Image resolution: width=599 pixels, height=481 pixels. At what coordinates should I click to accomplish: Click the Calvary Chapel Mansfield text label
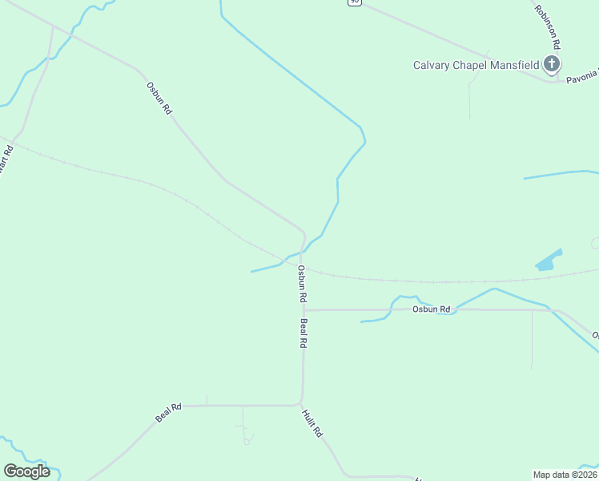(x=476, y=65)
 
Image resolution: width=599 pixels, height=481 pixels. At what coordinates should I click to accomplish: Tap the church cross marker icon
(x=551, y=64)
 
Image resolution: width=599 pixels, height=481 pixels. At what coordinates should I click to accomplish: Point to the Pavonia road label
(x=582, y=77)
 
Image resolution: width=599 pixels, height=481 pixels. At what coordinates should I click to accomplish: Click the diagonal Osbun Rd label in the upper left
(x=159, y=98)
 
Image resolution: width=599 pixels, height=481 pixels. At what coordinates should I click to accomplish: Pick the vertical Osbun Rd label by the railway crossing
(x=302, y=283)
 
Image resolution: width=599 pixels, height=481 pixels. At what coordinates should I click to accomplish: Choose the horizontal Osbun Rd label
(x=432, y=309)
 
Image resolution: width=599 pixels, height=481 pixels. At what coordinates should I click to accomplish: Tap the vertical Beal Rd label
(x=304, y=333)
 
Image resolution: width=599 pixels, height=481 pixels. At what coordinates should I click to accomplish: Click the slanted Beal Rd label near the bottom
(x=168, y=413)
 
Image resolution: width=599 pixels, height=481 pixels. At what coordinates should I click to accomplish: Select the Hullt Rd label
(x=312, y=423)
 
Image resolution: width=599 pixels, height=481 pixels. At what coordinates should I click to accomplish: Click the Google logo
(x=26, y=471)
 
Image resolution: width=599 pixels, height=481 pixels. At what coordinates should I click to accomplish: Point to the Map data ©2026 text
(x=565, y=474)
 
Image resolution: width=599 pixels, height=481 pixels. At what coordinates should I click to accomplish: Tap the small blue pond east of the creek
(x=547, y=261)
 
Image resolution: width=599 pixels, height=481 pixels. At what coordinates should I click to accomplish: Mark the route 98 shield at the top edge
(x=354, y=2)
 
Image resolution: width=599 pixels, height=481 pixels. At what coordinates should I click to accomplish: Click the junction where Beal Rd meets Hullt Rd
(x=301, y=403)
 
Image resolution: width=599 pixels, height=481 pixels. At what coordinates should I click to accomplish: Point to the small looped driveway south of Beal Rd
(x=247, y=439)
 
